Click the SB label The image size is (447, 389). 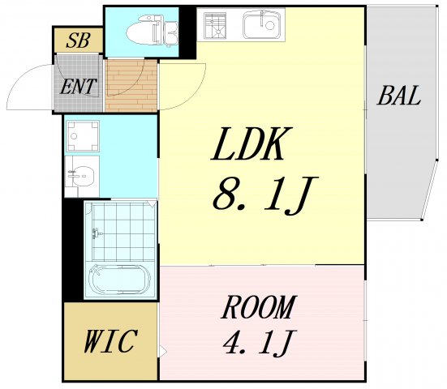tap(78, 41)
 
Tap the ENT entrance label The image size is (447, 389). tap(78, 86)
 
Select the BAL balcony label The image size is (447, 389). tap(399, 96)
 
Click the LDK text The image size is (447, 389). tap(251, 143)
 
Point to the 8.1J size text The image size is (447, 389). tap(265, 195)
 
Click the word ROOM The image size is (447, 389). tap(259, 307)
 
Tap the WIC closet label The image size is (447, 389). tap(110, 340)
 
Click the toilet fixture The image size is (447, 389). tap(152, 30)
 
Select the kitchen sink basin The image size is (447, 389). tap(261, 24)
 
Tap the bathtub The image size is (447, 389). tap(120, 280)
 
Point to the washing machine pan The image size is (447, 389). tap(83, 136)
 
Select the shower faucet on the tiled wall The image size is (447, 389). tap(97, 233)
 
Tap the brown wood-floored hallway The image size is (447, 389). tap(131, 85)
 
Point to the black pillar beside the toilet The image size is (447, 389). tap(187, 32)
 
